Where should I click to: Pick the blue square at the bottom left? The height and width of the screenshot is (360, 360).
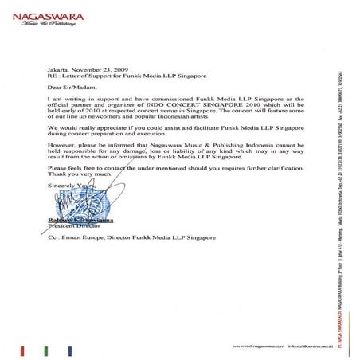pos(73,347)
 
